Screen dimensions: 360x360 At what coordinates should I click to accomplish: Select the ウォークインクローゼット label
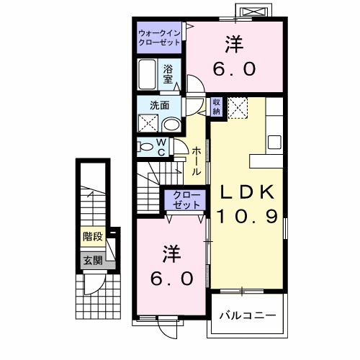pyautogui.click(x=161, y=37)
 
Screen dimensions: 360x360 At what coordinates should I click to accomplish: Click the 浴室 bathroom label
pyautogui.click(x=168, y=74)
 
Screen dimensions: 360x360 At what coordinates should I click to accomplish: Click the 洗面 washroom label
pyautogui.click(x=160, y=104)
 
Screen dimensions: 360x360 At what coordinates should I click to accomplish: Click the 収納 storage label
pyautogui.click(x=217, y=106)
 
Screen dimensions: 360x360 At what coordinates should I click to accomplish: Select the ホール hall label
pyautogui.click(x=196, y=162)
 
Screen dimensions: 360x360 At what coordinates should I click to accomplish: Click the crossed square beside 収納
pyautogui.click(x=238, y=108)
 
